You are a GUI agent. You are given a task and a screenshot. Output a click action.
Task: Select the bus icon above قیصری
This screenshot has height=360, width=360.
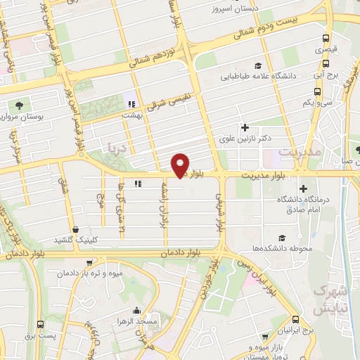pos(325,39)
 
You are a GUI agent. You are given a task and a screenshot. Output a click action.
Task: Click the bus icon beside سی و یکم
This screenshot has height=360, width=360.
pos(318,91)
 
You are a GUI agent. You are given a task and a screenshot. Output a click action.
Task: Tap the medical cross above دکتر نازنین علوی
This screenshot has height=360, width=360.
pos(245,127)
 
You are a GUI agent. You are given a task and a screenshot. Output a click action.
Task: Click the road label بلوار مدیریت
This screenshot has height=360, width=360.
pos(260,175)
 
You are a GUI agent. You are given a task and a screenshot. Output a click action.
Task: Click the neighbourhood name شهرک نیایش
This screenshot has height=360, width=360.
pos(329,300)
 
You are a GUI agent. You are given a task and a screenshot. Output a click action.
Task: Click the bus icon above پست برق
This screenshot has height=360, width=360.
pos(40,324)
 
